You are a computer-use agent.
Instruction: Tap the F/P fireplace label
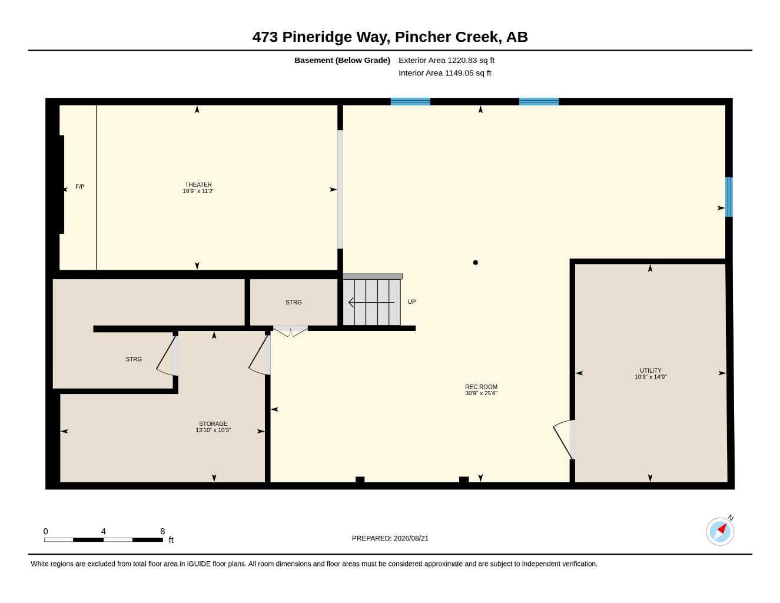click(79, 187)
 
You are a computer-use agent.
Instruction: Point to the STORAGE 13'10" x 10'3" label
click(213, 427)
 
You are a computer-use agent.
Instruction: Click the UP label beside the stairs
click(411, 301)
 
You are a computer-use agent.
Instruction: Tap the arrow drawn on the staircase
click(371, 303)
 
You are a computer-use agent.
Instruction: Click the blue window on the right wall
click(729, 197)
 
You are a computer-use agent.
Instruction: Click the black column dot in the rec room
click(475, 263)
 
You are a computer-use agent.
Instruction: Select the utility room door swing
click(562, 440)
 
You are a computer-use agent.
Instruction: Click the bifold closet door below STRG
click(290, 331)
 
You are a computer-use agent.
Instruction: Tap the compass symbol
click(720, 531)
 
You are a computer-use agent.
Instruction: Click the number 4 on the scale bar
click(104, 531)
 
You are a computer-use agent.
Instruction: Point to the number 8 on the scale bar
click(162, 531)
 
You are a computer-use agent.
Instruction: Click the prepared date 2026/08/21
click(411, 538)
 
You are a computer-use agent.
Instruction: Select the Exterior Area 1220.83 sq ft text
click(446, 60)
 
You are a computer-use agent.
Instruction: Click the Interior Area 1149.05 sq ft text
click(444, 73)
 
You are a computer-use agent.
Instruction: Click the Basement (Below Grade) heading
click(342, 60)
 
